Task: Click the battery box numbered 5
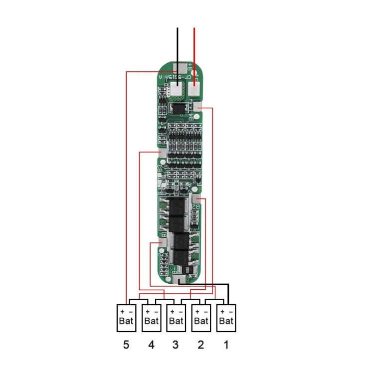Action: pyautogui.click(x=126, y=318)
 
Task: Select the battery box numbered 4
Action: pyautogui.click(x=151, y=318)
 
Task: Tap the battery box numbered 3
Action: pyautogui.click(x=176, y=318)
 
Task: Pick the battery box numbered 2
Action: pyautogui.click(x=201, y=318)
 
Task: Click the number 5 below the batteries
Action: pyautogui.click(x=126, y=345)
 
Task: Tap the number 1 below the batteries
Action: pyautogui.click(x=226, y=345)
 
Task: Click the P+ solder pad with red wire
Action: pyautogui.click(x=194, y=90)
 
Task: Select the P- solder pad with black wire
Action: pyautogui.click(x=177, y=90)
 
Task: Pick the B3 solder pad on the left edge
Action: pyautogui.click(x=161, y=155)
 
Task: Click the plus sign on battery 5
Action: pyautogui.click(x=122, y=311)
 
